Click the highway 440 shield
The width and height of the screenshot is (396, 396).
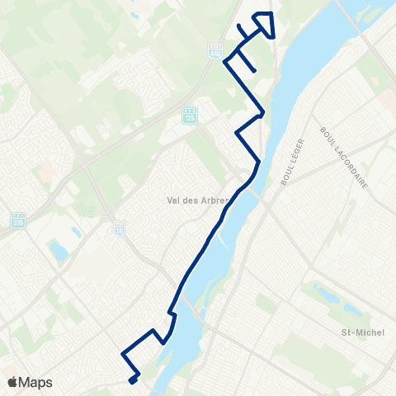[214, 50]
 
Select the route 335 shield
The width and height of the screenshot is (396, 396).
[18, 220]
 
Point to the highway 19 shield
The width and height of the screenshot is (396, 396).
[119, 225]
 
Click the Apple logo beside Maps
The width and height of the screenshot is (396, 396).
[12, 382]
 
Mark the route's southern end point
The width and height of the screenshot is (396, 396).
[132, 380]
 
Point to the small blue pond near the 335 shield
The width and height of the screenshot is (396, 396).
[58, 248]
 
